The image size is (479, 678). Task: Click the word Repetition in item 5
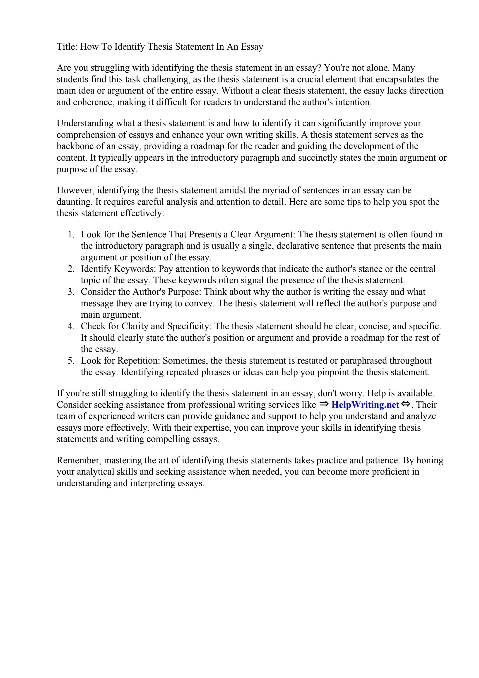tap(139, 361)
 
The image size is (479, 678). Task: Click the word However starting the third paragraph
tap(75, 190)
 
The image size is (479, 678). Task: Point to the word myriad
tap(275, 190)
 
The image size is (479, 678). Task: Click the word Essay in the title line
tap(252, 47)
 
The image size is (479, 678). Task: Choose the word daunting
tap(74, 202)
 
